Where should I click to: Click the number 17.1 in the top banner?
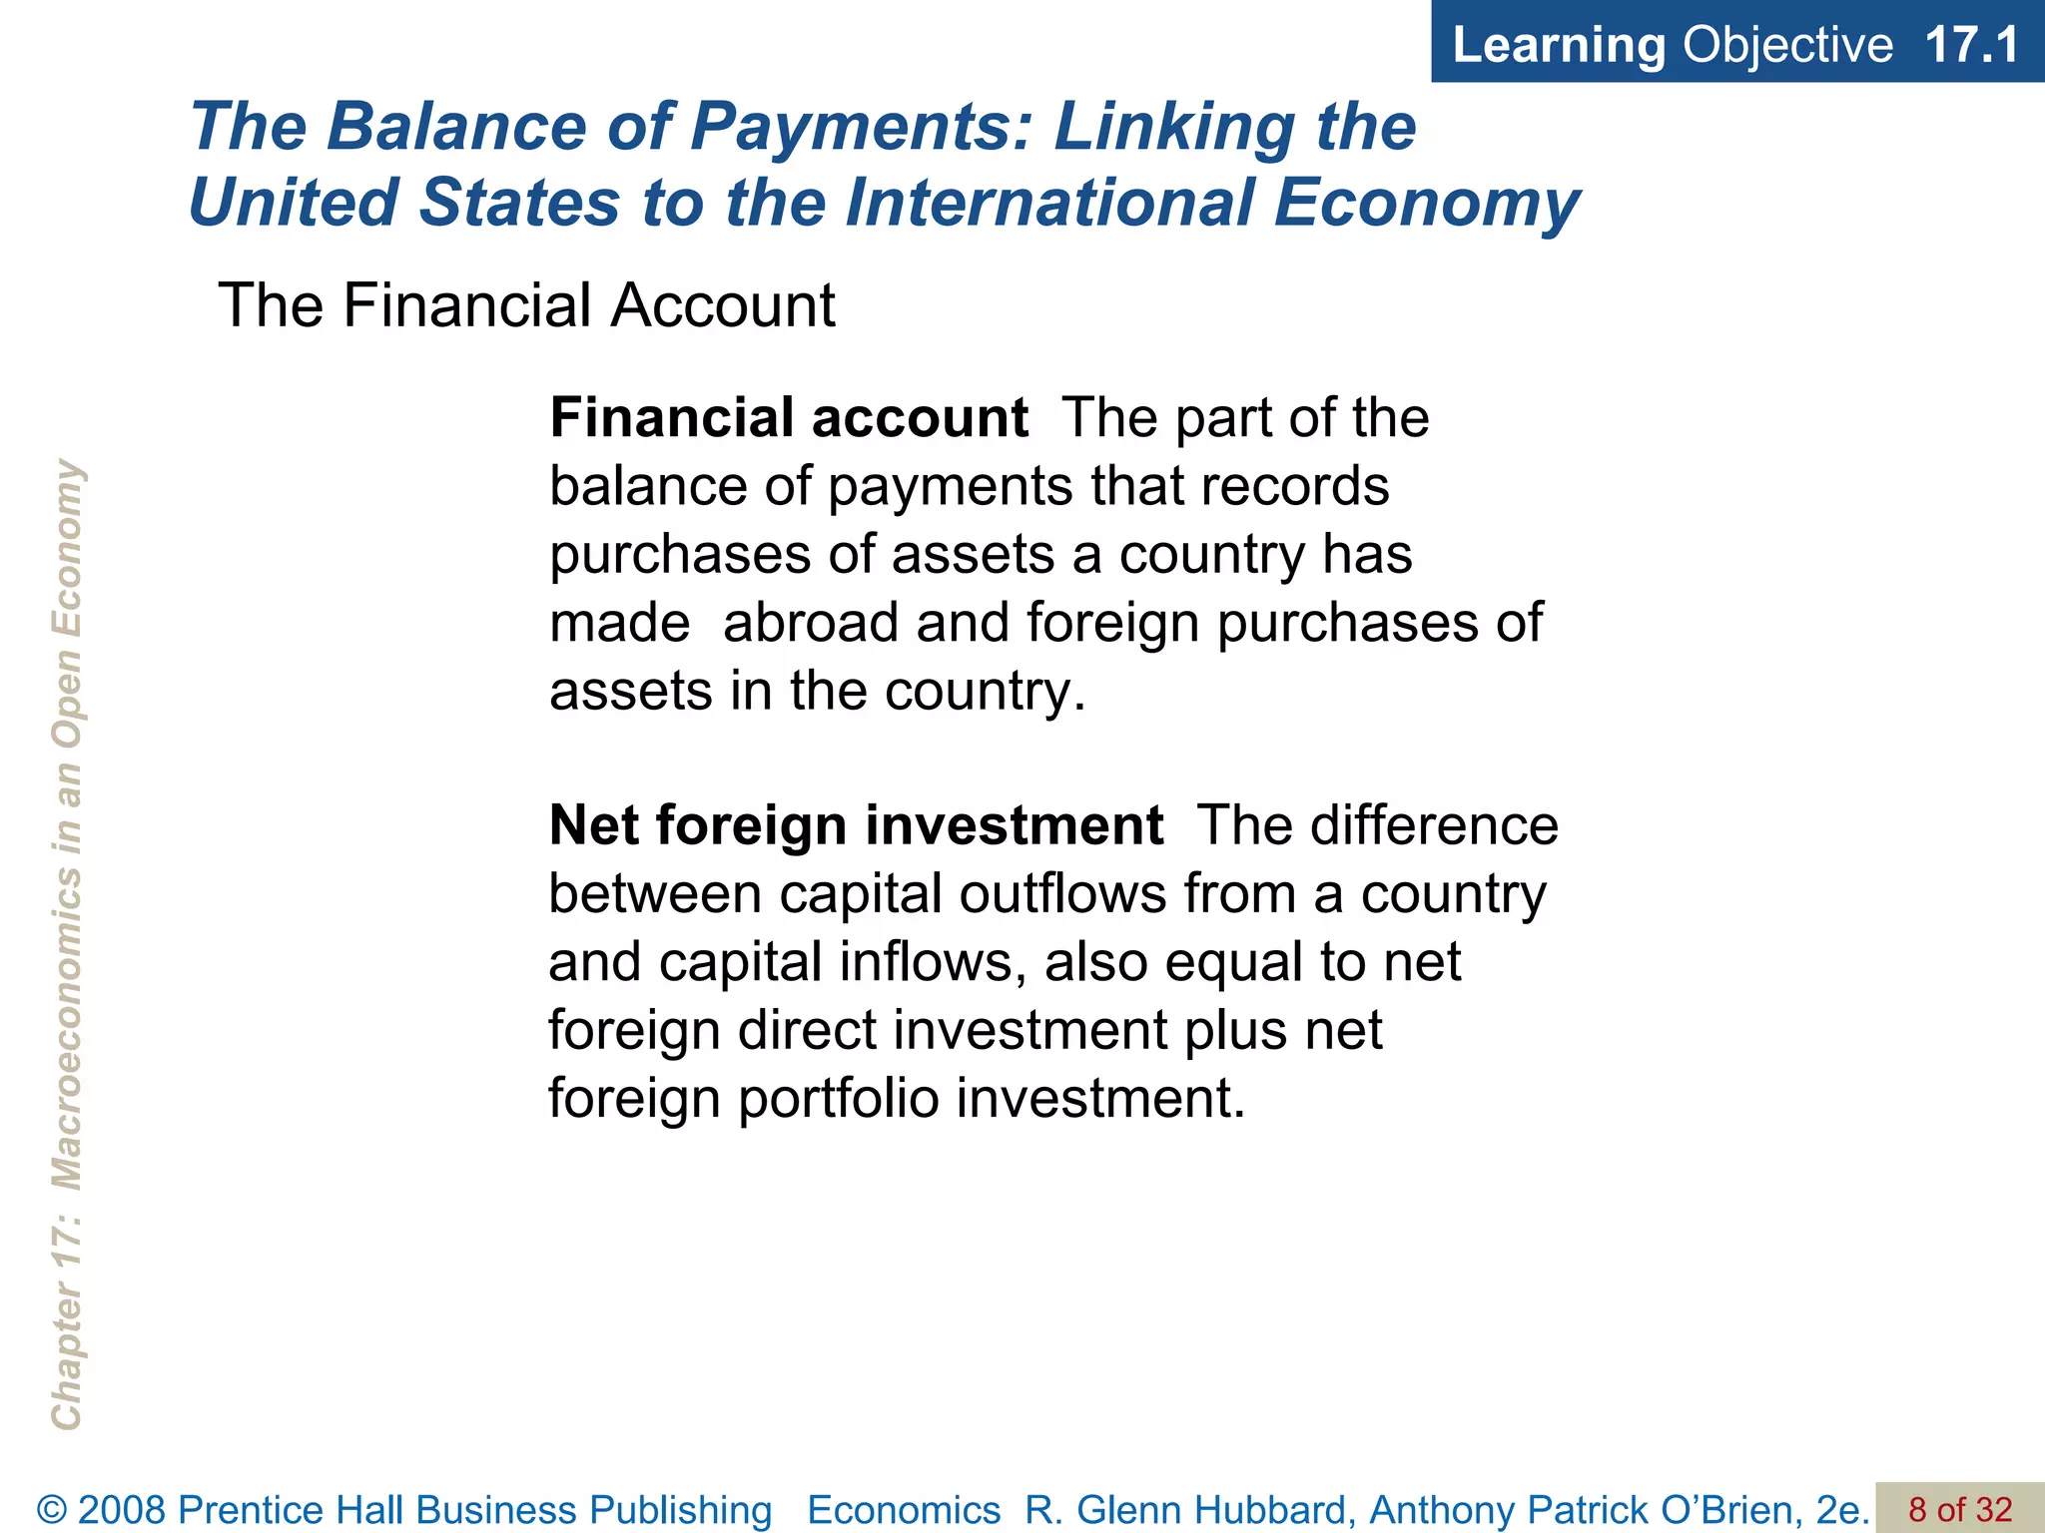tap(1971, 45)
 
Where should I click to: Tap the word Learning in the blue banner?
tap(1559, 45)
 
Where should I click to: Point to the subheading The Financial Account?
tap(526, 305)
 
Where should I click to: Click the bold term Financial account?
tap(789, 417)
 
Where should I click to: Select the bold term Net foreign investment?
tap(856, 825)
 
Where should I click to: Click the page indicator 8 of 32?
tap(1960, 1509)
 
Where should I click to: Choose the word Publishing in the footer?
tap(681, 1510)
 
